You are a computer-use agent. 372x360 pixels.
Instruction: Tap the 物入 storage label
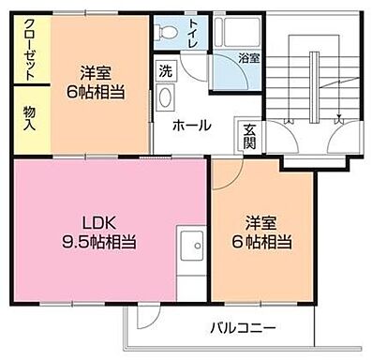29,117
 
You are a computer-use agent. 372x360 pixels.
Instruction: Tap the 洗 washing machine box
166,71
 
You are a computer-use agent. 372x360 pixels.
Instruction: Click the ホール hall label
190,126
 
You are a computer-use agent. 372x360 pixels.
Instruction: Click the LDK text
103,222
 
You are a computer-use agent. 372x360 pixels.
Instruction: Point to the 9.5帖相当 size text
103,241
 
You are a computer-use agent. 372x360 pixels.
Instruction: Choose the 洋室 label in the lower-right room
262,222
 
